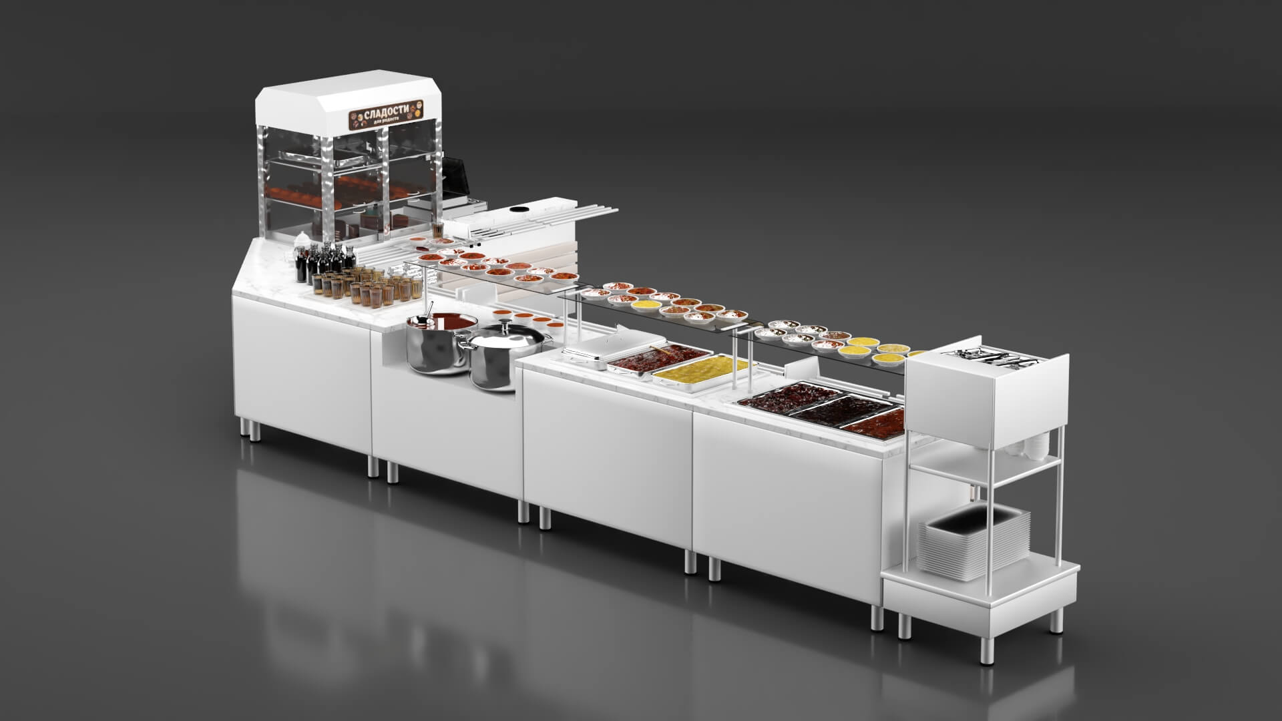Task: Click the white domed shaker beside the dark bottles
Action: [302, 240]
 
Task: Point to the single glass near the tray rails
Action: [437, 230]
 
